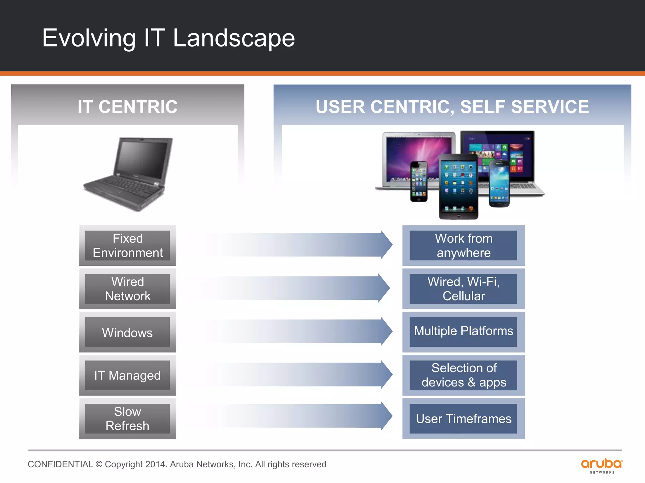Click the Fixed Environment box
click(128, 246)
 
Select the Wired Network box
click(128, 289)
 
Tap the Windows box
click(128, 332)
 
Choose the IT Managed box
click(128, 375)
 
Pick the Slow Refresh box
click(128, 419)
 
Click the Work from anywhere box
click(463, 246)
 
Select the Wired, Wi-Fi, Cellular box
click(463, 289)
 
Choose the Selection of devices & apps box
click(463, 375)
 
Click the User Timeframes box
click(463, 419)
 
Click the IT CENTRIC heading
click(128, 107)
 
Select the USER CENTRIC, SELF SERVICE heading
click(452, 107)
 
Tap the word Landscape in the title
click(234, 38)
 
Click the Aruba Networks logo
click(602, 465)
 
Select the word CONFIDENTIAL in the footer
click(60, 464)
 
